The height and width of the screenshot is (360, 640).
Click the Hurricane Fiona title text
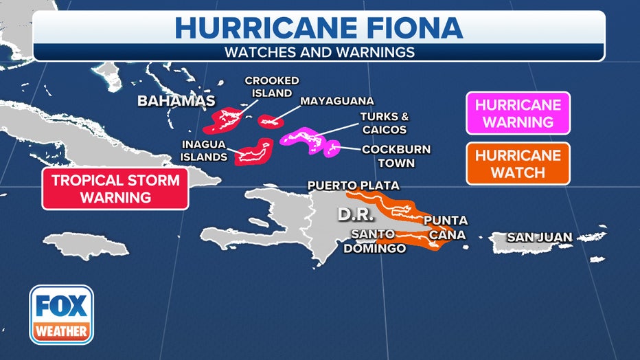319,28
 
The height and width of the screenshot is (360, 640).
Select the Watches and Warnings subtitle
319,52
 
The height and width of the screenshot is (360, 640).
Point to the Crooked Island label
272,87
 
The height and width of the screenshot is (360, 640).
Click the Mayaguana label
336,101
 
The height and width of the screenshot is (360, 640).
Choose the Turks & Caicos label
384,123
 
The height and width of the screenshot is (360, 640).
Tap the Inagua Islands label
205,150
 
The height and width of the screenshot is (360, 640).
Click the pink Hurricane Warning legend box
518,113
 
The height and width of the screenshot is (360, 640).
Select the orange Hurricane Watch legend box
518,164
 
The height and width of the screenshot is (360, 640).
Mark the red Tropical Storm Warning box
115,189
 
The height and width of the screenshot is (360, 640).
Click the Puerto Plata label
353,185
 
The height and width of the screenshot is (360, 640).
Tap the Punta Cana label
445,227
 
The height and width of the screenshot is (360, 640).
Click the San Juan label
539,238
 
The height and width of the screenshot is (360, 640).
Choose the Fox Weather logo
62,314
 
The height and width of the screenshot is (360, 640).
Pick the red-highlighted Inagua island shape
254,152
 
